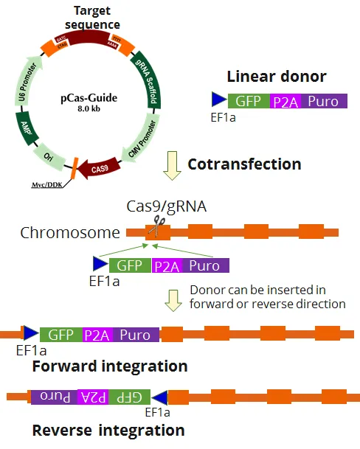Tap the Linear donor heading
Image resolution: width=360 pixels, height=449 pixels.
(x=277, y=77)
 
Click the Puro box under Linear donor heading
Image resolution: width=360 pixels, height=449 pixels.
(x=323, y=102)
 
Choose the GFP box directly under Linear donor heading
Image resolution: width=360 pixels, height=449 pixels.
(x=249, y=102)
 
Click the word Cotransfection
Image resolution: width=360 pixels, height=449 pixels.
(x=244, y=164)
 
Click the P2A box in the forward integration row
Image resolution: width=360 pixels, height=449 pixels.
(x=97, y=335)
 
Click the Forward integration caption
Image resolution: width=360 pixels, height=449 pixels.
(x=110, y=366)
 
